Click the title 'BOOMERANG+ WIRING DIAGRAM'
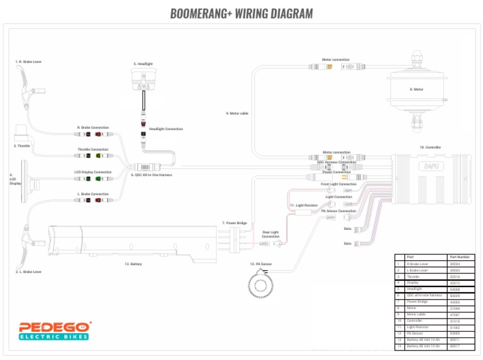(241, 14)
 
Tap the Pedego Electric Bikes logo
(53, 330)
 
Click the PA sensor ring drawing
(260, 281)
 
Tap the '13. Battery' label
(133, 265)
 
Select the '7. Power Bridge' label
(234, 223)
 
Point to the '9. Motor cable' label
(237, 114)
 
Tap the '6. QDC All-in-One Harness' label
(151, 175)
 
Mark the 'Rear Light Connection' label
(270, 234)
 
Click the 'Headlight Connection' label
(170, 129)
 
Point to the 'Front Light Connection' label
(338, 184)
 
